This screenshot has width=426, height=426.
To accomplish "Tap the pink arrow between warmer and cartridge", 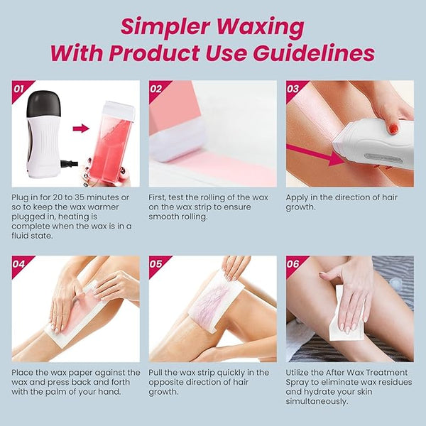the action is click(81, 129).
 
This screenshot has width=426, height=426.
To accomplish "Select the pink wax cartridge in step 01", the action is click(114, 143).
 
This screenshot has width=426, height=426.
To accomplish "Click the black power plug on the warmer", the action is click(70, 163).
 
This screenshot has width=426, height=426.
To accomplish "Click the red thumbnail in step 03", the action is click(393, 129).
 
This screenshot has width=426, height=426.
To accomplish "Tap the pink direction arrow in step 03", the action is click(315, 155).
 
